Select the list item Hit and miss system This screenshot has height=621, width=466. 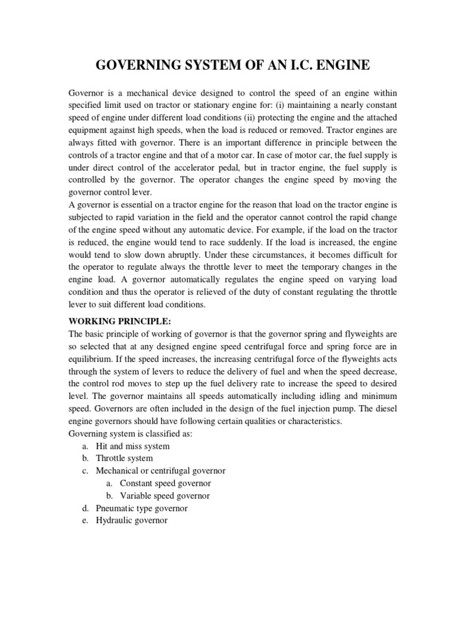click(x=132, y=446)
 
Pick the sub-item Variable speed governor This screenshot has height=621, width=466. click(x=164, y=496)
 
